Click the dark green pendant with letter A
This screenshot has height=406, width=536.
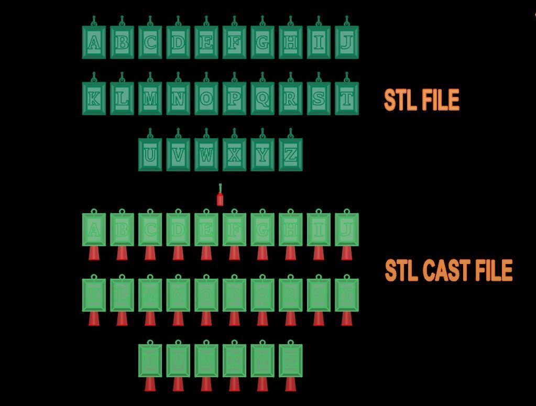click(x=94, y=42)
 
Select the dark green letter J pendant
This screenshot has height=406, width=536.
click(x=346, y=42)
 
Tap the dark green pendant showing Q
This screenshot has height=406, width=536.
click(x=262, y=98)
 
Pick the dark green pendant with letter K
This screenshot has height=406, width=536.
click(x=94, y=98)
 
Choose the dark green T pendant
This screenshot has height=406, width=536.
click(x=346, y=98)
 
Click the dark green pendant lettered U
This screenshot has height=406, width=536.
click(x=150, y=155)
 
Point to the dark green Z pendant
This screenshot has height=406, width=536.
click(x=290, y=155)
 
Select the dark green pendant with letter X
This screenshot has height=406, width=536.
click(x=234, y=155)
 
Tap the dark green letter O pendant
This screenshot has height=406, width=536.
click(x=206, y=98)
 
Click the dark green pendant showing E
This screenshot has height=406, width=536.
click(x=206, y=42)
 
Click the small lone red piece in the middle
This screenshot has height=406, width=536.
click(x=220, y=199)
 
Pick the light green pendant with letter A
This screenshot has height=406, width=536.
click(x=94, y=229)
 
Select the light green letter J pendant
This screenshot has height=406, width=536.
click(x=346, y=229)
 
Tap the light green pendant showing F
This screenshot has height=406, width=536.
click(x=234, y=229)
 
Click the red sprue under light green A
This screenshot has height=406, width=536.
click(x=94, y=254)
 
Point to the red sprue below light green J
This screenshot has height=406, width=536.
click(x=346, y=254)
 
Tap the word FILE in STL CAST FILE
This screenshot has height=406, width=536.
click(x=493, y=271)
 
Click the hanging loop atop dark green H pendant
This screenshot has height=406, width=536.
click(x=290, y=21)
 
